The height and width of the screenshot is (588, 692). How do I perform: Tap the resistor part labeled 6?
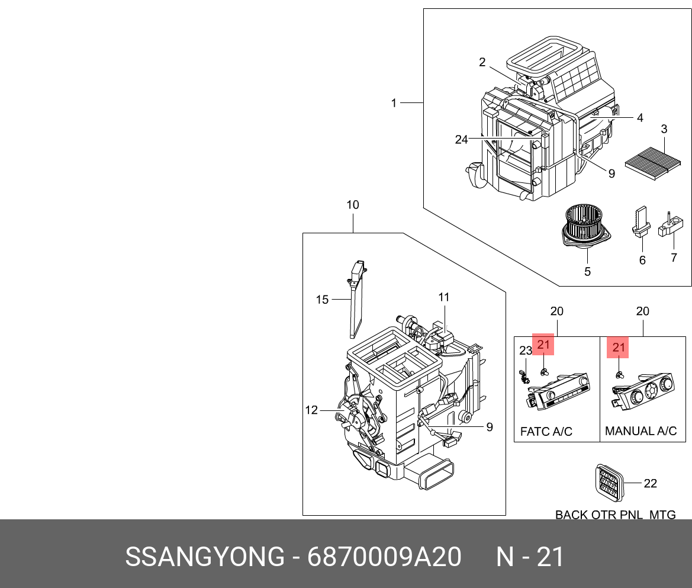point(641,223)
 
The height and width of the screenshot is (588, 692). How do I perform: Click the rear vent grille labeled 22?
point(610,481)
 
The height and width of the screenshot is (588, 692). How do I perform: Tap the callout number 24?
point(461,140)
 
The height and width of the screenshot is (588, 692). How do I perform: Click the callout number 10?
point(353,205)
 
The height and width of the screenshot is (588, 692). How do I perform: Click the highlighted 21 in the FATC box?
point(543,344)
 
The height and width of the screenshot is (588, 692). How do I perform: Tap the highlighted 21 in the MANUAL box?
point(618,348)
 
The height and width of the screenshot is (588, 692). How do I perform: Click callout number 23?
point(526,351)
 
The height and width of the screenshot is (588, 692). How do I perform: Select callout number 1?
point(394,103)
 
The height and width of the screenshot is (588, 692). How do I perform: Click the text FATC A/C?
point(546,431)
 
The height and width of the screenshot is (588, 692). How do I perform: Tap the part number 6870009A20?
point(384,557)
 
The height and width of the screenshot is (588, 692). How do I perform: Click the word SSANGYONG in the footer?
point(205,557)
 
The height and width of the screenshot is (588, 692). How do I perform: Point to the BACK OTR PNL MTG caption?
point(615,515)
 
